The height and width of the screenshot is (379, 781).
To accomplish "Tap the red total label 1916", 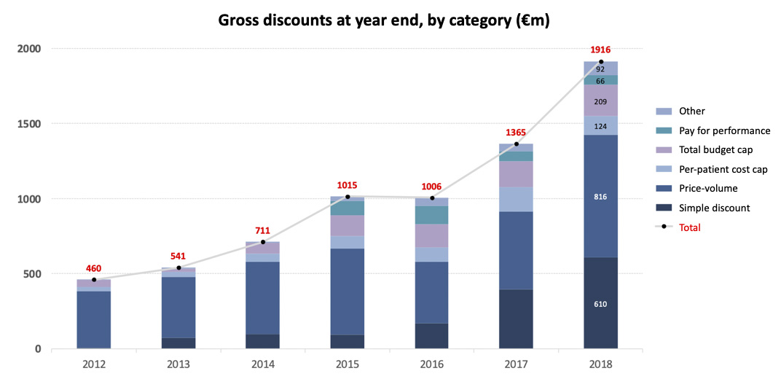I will click(x=600, y=50).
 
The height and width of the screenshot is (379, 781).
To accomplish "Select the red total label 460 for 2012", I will click(x=93, y=267).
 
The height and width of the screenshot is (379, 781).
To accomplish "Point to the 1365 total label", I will click(x=516, y=133).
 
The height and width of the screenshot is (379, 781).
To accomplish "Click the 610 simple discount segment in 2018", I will click(x=600, y=304).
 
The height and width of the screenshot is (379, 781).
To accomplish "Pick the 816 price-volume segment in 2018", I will click(x=600, y=197).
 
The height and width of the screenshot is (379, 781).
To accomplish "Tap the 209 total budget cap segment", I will click(x=600, y=101).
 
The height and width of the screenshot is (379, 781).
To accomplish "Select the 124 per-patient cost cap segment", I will click(x=600, y=126).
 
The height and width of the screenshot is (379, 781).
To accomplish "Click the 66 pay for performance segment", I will click(x=600, y=81).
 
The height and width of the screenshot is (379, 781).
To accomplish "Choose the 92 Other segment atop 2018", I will click(x=600, y=69).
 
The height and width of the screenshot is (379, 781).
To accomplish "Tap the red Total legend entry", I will click(x=689, y=227).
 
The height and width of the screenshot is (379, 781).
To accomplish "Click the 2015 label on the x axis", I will click(x=347, y=364).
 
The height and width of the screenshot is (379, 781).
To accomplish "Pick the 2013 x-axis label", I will click(x=178, y=364).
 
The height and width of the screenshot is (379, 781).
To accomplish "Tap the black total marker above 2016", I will click(x=432, y=198).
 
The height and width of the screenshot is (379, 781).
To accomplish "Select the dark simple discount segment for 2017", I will click(x=516, y=319).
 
